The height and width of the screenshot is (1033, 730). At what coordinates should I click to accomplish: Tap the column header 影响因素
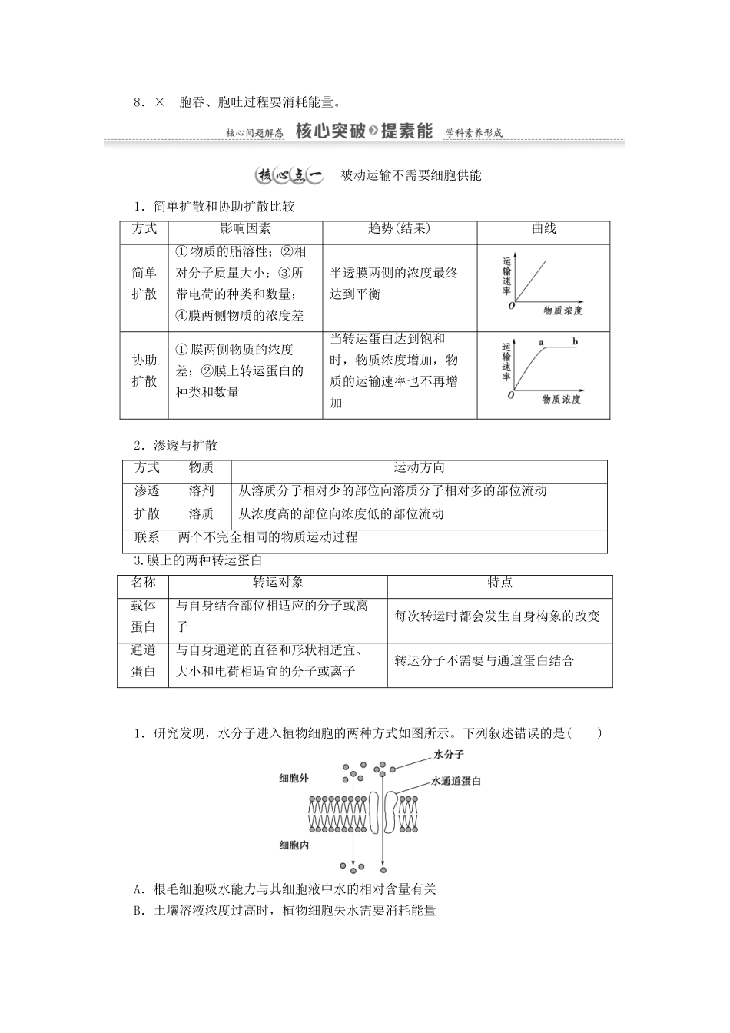(x=245, y=229)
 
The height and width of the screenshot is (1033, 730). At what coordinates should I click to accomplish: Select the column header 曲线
(x=543, y=229)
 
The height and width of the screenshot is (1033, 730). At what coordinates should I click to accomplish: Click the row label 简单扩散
(x=144, y=283)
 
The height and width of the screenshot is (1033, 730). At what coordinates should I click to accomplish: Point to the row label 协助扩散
(x=144, y=370)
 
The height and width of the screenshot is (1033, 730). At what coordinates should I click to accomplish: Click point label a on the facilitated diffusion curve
(x=540, y=341)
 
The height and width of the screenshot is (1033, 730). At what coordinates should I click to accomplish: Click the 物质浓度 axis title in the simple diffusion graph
(x=562, y=311)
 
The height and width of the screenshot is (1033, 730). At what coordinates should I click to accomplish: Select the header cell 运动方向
(x=419, y=467)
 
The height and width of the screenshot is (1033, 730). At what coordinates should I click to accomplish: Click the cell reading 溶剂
(x=201, y=490)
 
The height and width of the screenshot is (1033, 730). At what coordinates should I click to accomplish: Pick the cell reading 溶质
(x=201, y=513)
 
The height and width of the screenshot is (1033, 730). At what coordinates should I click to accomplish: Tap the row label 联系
(x=147, y=536)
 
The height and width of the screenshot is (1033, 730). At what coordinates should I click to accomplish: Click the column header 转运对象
(x=277, y=583)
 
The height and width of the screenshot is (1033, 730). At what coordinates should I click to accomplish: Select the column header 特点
(x=499, y=583)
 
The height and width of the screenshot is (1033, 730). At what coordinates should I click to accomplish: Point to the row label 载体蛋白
(x=143, y=616)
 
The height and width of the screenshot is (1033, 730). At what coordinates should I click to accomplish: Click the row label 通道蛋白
(x=143, y=660)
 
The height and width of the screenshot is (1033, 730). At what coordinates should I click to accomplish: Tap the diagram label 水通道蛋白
(x=456, y=781)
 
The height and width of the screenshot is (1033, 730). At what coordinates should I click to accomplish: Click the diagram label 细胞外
(x=294, y=779)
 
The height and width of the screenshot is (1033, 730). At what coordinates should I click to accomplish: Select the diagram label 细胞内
(x=294, y=845)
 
